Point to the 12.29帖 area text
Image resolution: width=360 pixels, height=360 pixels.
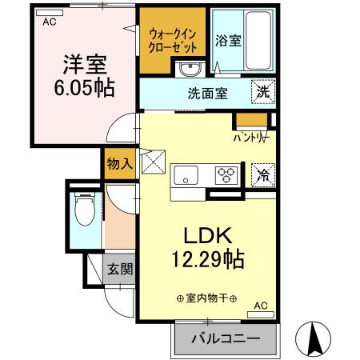[x=208, y=259]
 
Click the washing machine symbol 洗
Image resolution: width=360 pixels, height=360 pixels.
[x=262, y=91]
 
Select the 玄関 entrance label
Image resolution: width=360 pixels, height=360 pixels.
[x=119, y=270]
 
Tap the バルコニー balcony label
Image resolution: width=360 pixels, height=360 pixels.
[x=225, y=339]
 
